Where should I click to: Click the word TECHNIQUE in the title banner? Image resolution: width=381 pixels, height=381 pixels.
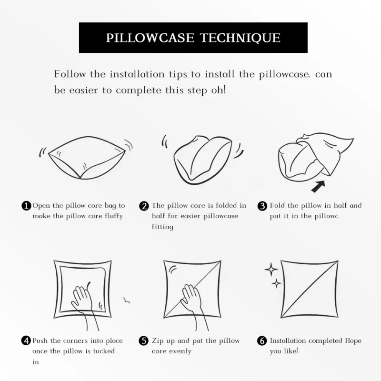click(241, 38)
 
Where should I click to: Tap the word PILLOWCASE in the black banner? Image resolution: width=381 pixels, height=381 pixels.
click(150, 38)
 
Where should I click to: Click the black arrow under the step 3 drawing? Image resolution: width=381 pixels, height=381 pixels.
click(318, 186)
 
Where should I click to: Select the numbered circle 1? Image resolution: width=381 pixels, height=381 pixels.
click(26, 206)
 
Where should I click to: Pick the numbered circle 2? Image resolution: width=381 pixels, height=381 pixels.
click(144, 206)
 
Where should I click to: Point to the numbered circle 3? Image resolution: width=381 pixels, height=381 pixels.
click(262, 206)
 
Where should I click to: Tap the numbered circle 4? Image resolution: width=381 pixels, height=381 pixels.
click(26, 341)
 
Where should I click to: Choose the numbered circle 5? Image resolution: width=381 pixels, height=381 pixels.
click(144, 341)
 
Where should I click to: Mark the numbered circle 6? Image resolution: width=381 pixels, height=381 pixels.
click(261, 341)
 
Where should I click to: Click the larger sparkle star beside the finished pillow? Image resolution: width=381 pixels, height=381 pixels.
click(271, 270)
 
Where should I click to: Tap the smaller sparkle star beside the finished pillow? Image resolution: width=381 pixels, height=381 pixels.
click(276, 283)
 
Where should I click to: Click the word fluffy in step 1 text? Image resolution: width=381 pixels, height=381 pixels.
click(114, 216)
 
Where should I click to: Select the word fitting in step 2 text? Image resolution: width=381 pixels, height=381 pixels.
click(162, 227)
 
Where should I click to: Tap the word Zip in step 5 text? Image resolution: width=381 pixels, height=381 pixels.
click(158, 341)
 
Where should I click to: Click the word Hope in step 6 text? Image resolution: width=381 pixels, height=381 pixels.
click(353, 341)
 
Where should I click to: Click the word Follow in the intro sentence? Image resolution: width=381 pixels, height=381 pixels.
click(70, 74)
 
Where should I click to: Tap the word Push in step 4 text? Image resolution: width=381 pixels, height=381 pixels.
click(40, 341)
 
